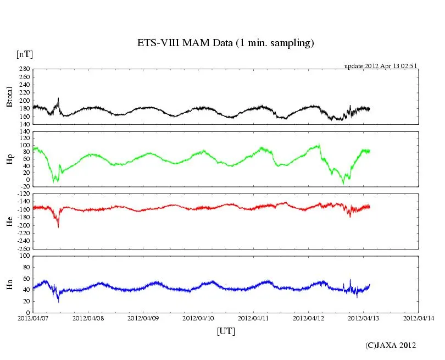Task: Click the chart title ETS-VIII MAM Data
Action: [x=225, y=43]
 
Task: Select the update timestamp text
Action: [x=380, y=66]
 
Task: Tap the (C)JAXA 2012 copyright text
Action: [x=391, y=345]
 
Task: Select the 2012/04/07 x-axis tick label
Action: [x=33, y=318]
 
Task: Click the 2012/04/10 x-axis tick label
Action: [x=198, y=318]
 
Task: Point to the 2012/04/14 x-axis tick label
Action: [x=419, y=318]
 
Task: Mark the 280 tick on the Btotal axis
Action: [x=24, y=69]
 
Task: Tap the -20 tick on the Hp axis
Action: [x=24, y=186]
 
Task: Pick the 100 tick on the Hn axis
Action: [x=24, y=256]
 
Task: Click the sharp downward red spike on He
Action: [x=58, y=225]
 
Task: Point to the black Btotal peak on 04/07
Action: [x=58, y=98]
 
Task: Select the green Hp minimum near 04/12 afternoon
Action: [x=343, y=182]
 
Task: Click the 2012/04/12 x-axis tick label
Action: [x=309, y=318]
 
